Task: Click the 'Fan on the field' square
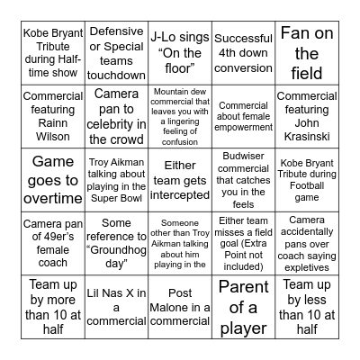[x=307, y=53]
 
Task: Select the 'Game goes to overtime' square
[x=53, y=176]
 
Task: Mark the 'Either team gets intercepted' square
[x=179, y=176]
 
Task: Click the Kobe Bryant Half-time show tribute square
[x=53, y=53]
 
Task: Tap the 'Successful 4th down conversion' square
[x=243, y=53]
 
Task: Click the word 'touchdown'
[x=117, y=75]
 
